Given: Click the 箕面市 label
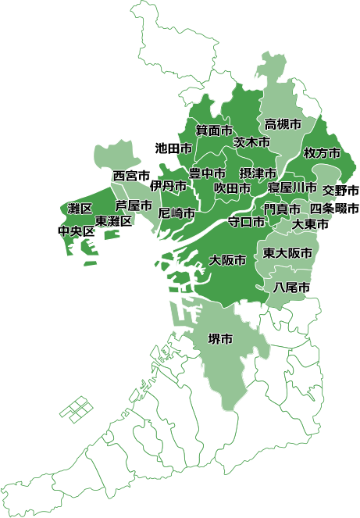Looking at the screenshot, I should pos(214,130).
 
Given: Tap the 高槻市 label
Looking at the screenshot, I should pos(283,124).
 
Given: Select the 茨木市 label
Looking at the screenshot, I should pos(251,143).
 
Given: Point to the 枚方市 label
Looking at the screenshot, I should pos(322,153).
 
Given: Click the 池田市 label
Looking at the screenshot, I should pos(173,147).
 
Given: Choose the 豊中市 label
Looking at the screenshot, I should pos(208,173).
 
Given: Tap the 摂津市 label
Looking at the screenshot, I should pos(258,173).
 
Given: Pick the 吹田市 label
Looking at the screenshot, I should pos(233,188).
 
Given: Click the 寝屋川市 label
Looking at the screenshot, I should pos(292,188).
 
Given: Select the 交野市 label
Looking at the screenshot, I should pos(340,190).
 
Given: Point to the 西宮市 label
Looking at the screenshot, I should pos(131,175).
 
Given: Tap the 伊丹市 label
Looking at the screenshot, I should pos(169,186).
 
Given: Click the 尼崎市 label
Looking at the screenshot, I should pos(176,213).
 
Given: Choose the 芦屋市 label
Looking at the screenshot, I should pos(134,205).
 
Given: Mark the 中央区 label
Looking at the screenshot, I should pos(77,232).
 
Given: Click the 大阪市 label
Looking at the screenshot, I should pos(229,259).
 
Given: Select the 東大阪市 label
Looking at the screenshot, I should pos(287,253).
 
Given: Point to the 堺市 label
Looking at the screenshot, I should pos(220,339).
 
